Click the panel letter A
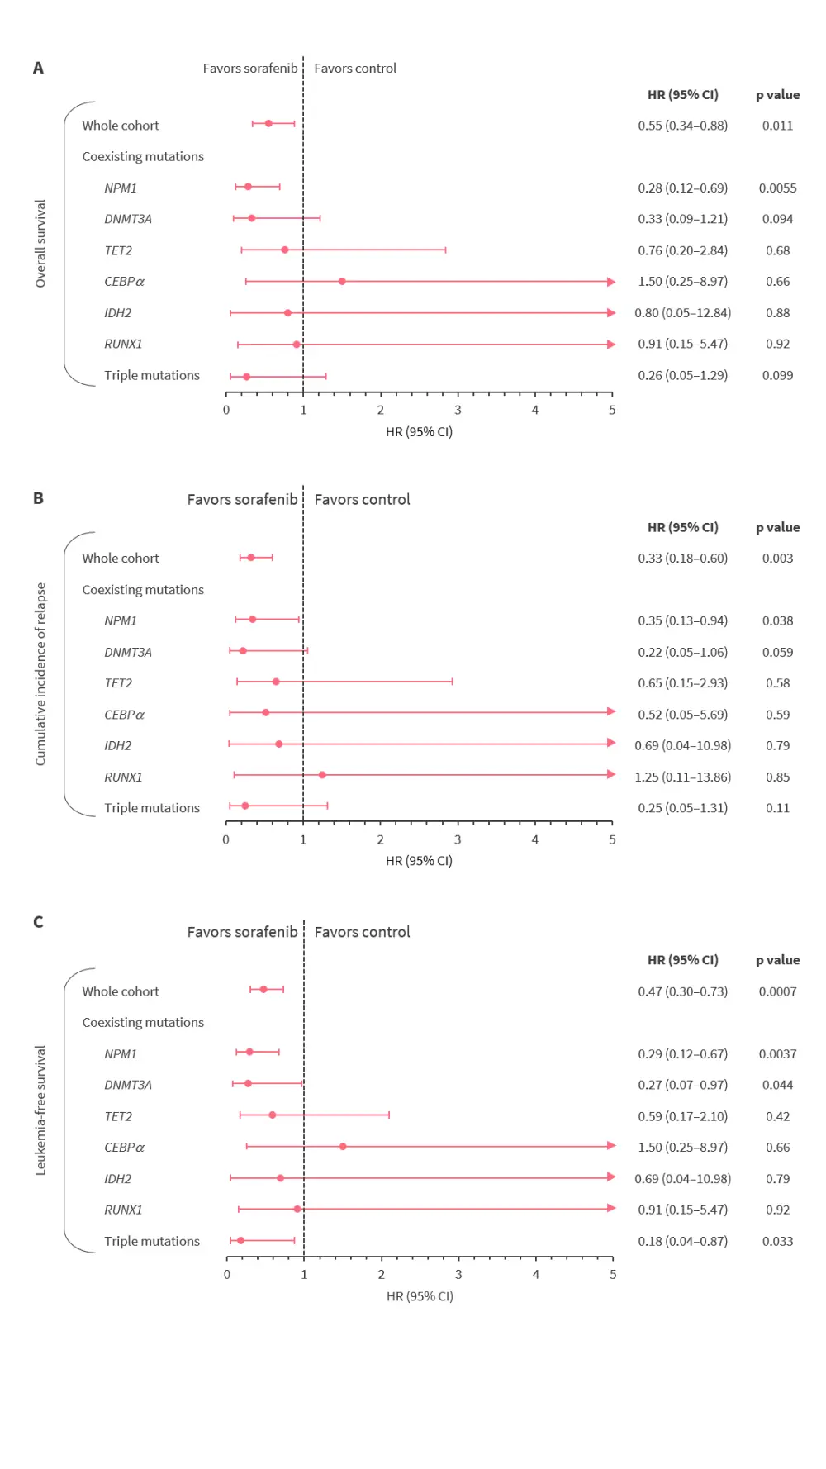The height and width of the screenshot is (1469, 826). point(38,68)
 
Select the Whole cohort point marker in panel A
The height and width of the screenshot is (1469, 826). point(268,123)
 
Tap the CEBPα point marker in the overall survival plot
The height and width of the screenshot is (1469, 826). point(342,281)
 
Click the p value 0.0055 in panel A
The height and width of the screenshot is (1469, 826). point(777,188)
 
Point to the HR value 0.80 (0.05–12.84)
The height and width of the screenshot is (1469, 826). point(682,313)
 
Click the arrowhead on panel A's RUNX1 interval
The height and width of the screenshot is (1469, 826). point(611,345)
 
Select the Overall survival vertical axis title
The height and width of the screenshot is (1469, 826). point(40,244)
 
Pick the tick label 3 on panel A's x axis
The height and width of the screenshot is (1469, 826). point(458,410)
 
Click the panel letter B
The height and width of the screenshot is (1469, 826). point(38,498)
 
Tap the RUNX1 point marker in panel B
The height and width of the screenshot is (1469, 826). point(322,775)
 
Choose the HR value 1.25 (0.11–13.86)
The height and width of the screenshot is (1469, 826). point(682,777)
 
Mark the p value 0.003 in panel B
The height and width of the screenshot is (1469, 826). point(777,559)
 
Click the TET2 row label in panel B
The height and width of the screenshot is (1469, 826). point(118,683)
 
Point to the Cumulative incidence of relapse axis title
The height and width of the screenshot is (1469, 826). point(40,674)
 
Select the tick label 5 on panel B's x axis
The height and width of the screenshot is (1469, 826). point(612,839)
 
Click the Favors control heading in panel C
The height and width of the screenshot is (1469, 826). point(362,932)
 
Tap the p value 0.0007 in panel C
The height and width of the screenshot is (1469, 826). point(777,991)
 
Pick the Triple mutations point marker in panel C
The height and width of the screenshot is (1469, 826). point(241,1240)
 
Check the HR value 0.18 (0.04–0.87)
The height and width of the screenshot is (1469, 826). point(682,1241)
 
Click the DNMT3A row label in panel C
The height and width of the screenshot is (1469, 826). point(128,1085)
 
